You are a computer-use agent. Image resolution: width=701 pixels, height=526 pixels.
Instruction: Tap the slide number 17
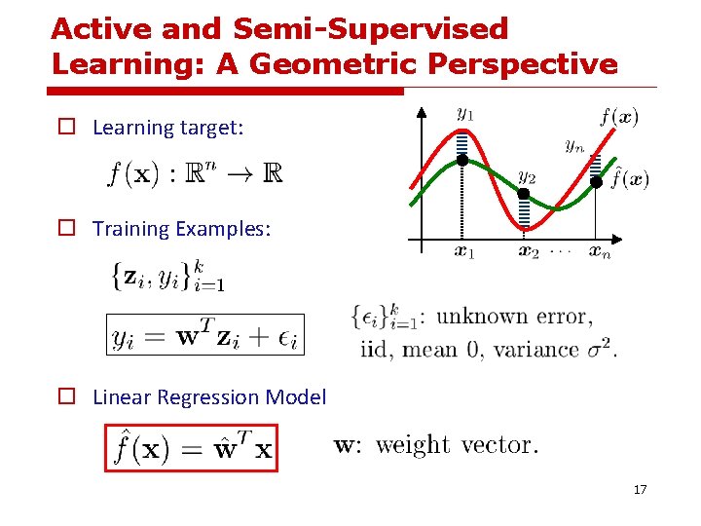click(640, 489)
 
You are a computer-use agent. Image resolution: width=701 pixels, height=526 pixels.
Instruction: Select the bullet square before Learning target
click(65, 128)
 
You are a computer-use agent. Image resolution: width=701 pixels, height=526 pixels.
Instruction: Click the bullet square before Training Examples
click(65, 229)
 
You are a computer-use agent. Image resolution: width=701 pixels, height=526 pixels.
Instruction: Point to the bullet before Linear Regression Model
click(65, 397)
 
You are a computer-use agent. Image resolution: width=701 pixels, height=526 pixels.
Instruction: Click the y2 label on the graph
click(526, 176)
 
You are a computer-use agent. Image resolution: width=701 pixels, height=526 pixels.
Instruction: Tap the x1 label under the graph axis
click(464, 253)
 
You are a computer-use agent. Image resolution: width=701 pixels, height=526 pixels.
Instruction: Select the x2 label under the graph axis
click(527, 253)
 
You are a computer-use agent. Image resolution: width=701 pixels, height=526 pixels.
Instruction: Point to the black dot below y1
click(462, 159)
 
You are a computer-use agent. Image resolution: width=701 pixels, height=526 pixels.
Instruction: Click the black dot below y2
click(524, 194)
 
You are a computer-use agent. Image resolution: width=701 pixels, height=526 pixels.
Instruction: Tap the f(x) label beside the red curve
click(619, 118)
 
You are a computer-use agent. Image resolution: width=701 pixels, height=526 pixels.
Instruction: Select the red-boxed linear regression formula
click(192, 447)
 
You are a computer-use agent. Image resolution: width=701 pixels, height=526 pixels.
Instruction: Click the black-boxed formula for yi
click(205, 336)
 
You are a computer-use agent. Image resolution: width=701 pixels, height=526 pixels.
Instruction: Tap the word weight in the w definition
click(413, 445)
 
